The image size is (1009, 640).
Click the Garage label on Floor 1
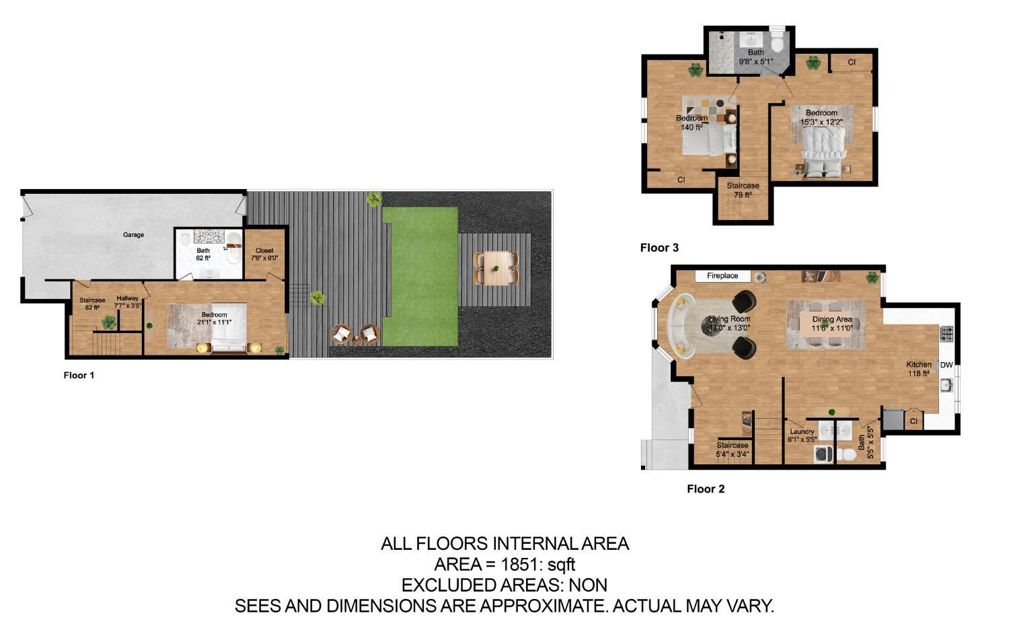pyautogui.click(x=133, y=235)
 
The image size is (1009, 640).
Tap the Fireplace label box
pyautogui.click(x=722, y=276)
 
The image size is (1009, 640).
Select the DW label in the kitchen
pyautogui.click(x=946, y=365)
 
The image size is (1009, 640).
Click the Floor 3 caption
pyautogui.click(x=659, y=248)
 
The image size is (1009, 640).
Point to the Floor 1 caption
pyautogui.click(x=79, y=375)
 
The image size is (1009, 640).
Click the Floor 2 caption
pyautogui.click(x=706, y=489)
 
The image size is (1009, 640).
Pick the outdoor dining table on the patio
pyautogui.click(x=496, y=268)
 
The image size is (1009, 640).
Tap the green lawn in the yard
pyautogui.click(x=420, y=275)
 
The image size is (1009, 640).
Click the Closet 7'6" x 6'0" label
pyautogui.click(x=264, y=254)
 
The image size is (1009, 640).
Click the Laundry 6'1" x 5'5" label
pyautogui.click(x=802, y=435)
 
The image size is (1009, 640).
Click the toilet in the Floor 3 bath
pyautogui.click(x=777, y=44)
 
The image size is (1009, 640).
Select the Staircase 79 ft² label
pyautogui.click(x=743, y=190)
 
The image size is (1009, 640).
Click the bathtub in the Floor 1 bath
pyautogui.click(x=233, y=249)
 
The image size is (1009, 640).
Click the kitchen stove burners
pyautogui.click(x=946, y=333)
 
